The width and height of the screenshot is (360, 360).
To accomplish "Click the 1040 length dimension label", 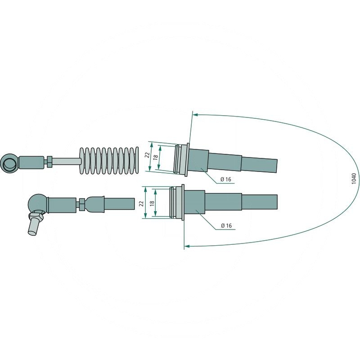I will (353, 179).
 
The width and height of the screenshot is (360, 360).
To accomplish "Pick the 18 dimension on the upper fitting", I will (156, 157).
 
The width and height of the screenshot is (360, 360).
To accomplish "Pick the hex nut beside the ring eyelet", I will (49, 161).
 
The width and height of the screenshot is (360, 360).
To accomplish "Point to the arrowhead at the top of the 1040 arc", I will (195, 115).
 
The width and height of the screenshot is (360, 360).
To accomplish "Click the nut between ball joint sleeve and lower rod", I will (82, 204).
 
